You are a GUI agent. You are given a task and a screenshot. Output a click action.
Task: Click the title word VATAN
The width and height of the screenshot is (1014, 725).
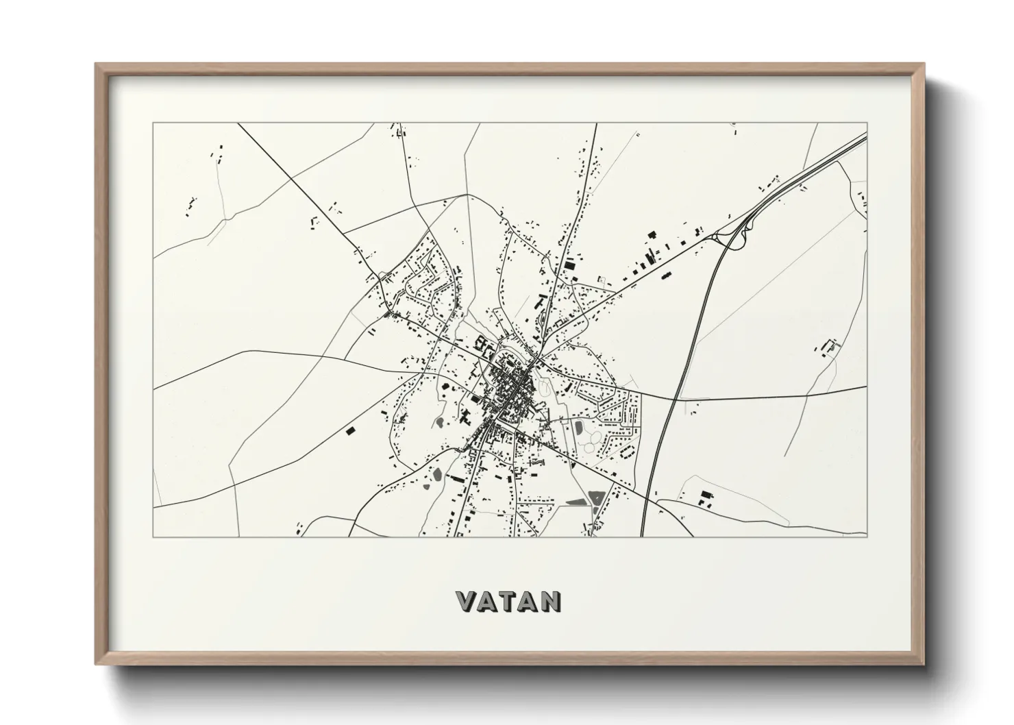[509, 601]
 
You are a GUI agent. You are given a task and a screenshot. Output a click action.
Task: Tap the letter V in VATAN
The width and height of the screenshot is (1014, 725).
[467, 601]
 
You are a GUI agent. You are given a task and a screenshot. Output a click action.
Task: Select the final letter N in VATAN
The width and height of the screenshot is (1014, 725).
[550, 601]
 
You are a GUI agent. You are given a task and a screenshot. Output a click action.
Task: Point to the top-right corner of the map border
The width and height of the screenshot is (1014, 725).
[867, 123]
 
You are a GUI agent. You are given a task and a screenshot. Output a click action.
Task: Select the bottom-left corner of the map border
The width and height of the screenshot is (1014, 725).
[153, 537]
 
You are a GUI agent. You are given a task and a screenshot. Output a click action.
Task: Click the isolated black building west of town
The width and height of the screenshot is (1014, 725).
[351, 431]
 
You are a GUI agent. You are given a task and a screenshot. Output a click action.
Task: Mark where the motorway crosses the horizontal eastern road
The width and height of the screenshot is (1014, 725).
[674, 398]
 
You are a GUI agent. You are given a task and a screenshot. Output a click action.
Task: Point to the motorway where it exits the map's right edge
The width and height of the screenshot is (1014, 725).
[865, 138]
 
